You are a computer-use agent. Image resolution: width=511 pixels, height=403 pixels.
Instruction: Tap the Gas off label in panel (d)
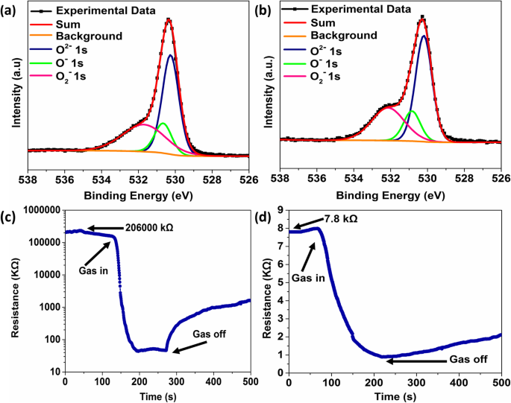coord(472,359)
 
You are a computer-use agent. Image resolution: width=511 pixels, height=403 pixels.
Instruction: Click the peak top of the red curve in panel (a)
coord(169,19)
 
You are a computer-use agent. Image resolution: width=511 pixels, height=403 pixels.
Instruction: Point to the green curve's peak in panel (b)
coord(411,110)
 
